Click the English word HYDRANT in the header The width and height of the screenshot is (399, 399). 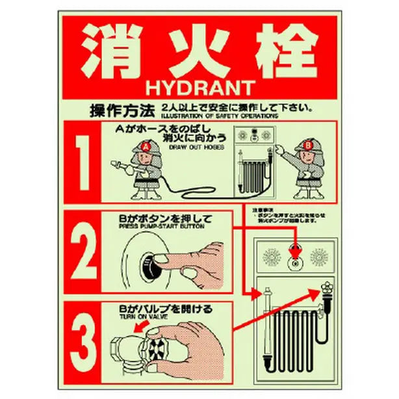pos(199,86)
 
